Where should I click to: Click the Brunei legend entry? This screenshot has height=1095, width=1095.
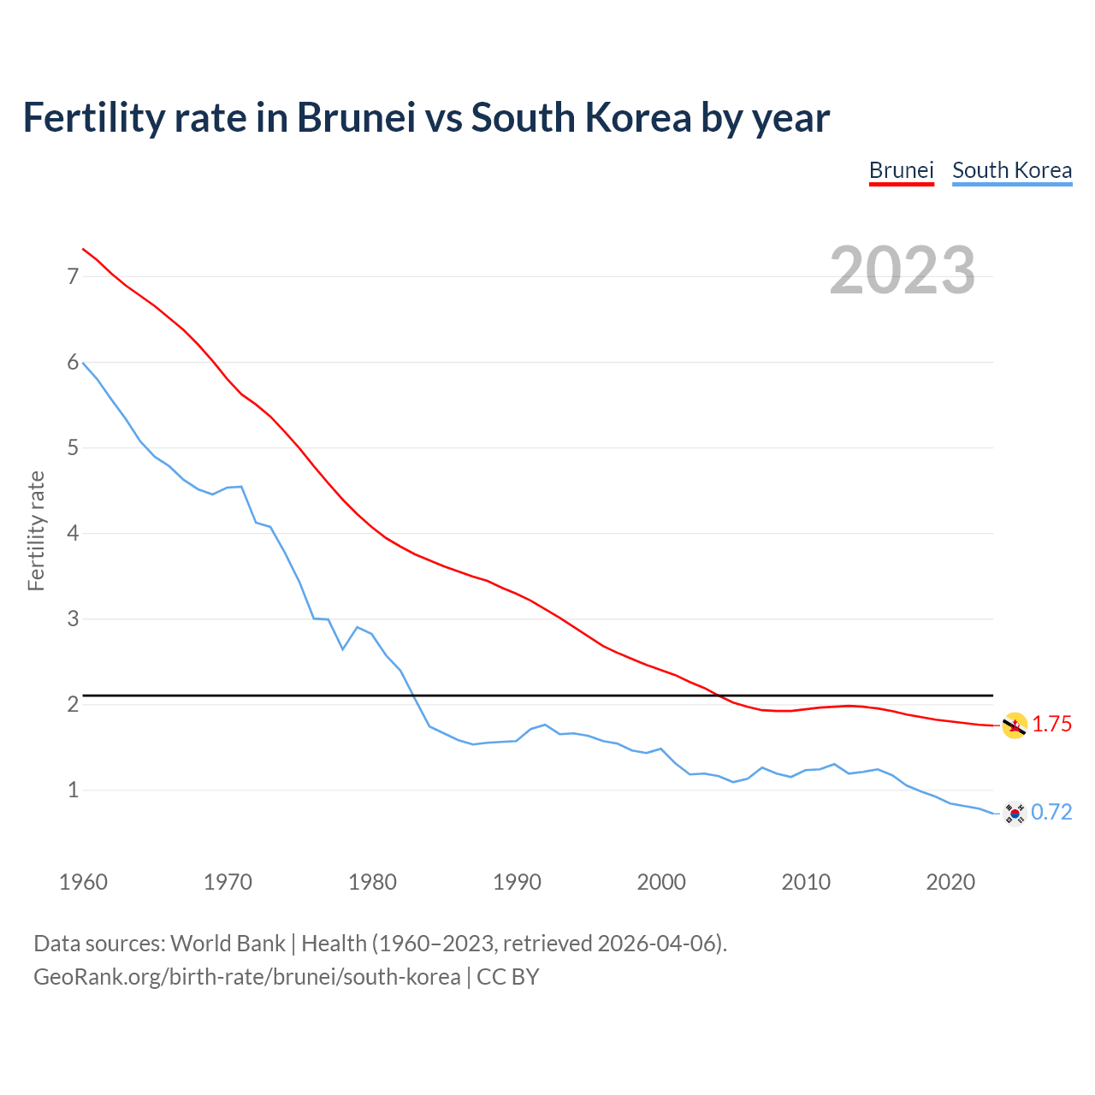901,170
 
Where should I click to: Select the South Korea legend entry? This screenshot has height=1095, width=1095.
1012,170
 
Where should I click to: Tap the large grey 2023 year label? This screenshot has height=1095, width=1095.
903,270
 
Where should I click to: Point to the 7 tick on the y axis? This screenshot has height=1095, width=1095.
73,276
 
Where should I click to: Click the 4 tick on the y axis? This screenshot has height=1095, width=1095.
73,533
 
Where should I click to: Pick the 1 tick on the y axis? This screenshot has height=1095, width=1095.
73,790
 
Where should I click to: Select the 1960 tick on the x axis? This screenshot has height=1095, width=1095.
83,882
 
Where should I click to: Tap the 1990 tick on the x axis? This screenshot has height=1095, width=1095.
517,882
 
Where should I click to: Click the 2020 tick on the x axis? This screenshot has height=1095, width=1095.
950,882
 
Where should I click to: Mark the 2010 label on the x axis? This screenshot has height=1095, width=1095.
806,882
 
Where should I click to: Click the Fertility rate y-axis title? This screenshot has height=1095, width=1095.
36,530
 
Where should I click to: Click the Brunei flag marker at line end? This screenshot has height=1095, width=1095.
1015,725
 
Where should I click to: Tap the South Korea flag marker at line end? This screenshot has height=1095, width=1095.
1015,813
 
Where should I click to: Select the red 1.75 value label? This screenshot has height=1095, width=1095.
1051,725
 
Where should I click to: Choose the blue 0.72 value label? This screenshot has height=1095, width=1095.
1051,813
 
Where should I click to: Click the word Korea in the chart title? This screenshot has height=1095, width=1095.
637,117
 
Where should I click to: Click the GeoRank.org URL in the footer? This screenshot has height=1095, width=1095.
246,977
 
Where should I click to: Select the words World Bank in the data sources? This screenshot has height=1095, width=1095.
228,944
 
